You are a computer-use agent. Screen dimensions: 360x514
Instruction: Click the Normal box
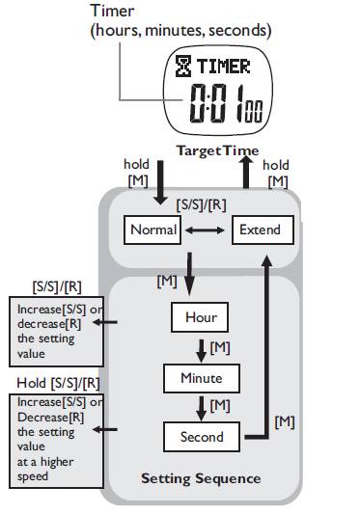(x=152, y=230)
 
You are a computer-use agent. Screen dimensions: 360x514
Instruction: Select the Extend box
(x=263, y=230)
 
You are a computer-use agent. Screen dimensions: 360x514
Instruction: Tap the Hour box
(x=200, y=317)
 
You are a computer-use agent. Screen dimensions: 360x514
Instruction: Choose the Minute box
(x=202, y=378)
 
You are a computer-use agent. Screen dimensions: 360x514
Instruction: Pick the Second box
(x=202, y=437)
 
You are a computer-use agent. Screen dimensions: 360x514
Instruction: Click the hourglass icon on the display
(x=183, y=66)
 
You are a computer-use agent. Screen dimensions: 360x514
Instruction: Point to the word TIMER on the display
(x=224, y=67)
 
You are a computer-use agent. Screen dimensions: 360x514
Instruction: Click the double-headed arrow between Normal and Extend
(x=205, y=230)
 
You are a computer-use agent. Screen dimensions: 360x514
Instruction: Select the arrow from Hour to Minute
(x=201, y=351)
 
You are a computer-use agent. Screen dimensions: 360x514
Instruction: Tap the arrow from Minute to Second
(x=201, y=409)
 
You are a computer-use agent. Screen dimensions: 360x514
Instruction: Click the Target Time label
(x=217, y=150)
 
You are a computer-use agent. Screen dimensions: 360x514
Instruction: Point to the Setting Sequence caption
(x=201, y=478)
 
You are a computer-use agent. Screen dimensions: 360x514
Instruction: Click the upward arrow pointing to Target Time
(x=246, y=172)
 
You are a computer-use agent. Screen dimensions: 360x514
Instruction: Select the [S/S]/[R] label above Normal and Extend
(x=201, y=205)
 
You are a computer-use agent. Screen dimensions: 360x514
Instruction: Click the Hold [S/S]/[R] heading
(x=58, y=383)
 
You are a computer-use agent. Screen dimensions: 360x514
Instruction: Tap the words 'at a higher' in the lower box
(x=45, y=462)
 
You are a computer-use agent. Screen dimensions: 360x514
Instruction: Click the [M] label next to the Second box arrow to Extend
(x=284, y=422)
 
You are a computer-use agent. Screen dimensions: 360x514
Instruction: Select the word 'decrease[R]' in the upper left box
(x=49, y=324)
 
